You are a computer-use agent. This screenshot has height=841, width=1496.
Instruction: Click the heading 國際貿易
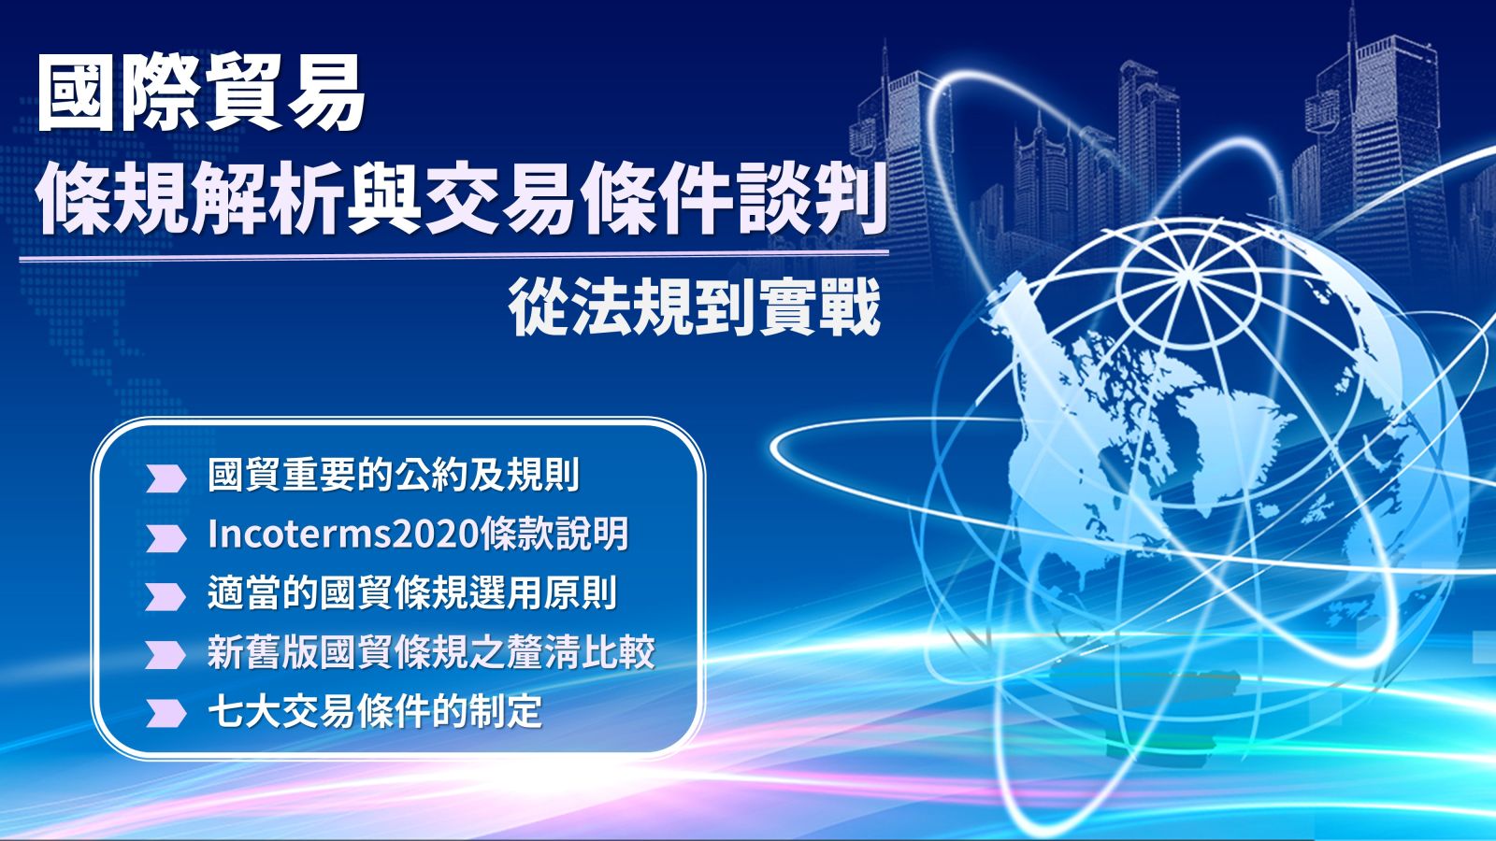pyautogui.click(x=201, y=93)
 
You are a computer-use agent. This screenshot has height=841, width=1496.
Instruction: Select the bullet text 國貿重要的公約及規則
pyautogui.click(x=394, y=475)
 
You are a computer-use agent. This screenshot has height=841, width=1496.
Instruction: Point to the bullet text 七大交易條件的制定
pyautogui.click(x=375, y=711)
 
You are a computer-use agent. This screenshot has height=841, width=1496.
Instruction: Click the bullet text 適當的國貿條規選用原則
pyautogui.click(x=412, y=593)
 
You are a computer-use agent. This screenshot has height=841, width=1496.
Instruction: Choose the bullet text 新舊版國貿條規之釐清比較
pyautogui.click(x=431, y=652)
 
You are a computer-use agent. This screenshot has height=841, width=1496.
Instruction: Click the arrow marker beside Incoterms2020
pyautogui.click(x=165, y=538)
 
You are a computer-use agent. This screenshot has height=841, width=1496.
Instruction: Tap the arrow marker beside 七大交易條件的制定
pyautogui.click(x=165, y=713)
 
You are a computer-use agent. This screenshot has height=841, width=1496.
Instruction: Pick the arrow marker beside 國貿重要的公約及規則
pyautogui.click(x=165, y=478)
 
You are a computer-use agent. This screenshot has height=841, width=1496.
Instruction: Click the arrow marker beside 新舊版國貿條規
pyautogui.click(x=165, y=655)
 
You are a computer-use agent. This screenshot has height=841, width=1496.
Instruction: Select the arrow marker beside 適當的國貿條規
pyautogui.click(x=165, y=597)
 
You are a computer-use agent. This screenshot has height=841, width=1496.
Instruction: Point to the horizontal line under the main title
pyautogui.click(x=454, y=256)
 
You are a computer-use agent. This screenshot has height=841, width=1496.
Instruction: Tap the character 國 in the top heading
pyautogui.click(x=76, y=93)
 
